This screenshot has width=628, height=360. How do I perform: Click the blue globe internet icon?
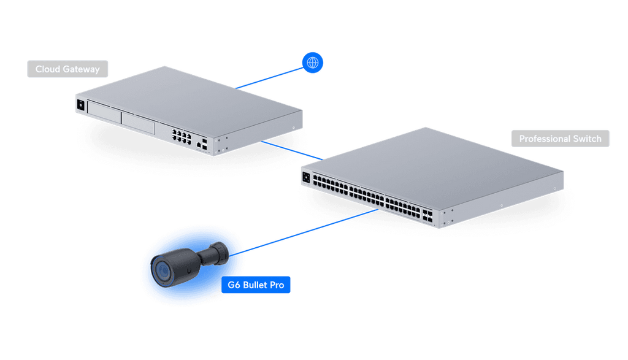313,62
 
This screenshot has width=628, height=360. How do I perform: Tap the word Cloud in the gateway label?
47,69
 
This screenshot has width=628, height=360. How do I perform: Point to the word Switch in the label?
588,139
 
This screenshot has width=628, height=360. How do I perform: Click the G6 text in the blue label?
234,285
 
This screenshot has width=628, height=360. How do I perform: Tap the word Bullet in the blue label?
255,285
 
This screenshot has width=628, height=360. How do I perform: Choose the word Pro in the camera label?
276,285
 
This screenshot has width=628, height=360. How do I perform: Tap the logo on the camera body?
191,268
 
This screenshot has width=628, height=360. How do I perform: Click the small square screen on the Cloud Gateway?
80,105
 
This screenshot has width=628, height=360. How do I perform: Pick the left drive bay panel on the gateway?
104,110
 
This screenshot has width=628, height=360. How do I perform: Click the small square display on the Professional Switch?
305,177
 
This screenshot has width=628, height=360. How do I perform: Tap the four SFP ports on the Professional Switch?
427,215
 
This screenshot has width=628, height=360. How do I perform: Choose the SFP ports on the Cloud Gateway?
202,144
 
